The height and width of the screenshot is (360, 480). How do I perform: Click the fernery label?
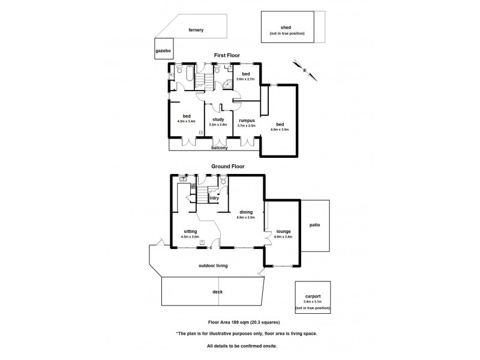196,29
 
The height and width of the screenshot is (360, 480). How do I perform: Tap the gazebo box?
163,51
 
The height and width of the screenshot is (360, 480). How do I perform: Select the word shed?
286,27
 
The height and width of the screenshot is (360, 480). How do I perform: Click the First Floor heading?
227,55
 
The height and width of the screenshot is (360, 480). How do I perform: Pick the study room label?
218,119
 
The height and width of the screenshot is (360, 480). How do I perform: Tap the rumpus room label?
247,119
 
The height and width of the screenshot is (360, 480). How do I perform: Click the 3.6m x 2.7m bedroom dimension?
245,79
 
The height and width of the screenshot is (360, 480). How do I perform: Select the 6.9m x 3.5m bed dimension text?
280,129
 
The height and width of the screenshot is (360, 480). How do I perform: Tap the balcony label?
218,147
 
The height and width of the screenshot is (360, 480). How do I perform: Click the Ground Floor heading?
227,166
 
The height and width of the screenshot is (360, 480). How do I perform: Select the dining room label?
246,212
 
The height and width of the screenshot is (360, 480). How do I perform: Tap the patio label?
315,226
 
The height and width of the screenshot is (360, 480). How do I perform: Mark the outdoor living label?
213,265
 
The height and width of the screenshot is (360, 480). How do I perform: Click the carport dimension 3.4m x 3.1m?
312,301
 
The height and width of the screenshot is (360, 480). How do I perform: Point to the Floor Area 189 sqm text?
235,322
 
